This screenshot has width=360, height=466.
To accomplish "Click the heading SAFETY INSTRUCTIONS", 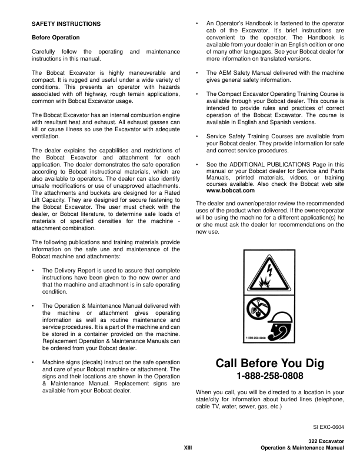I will click(x=66, y=24).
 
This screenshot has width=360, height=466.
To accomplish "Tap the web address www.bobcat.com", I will click(x=231, y=191).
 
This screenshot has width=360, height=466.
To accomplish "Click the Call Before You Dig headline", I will click(x=270, y=364).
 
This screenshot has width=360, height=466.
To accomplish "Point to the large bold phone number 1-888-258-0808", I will click(x=269, y=377).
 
